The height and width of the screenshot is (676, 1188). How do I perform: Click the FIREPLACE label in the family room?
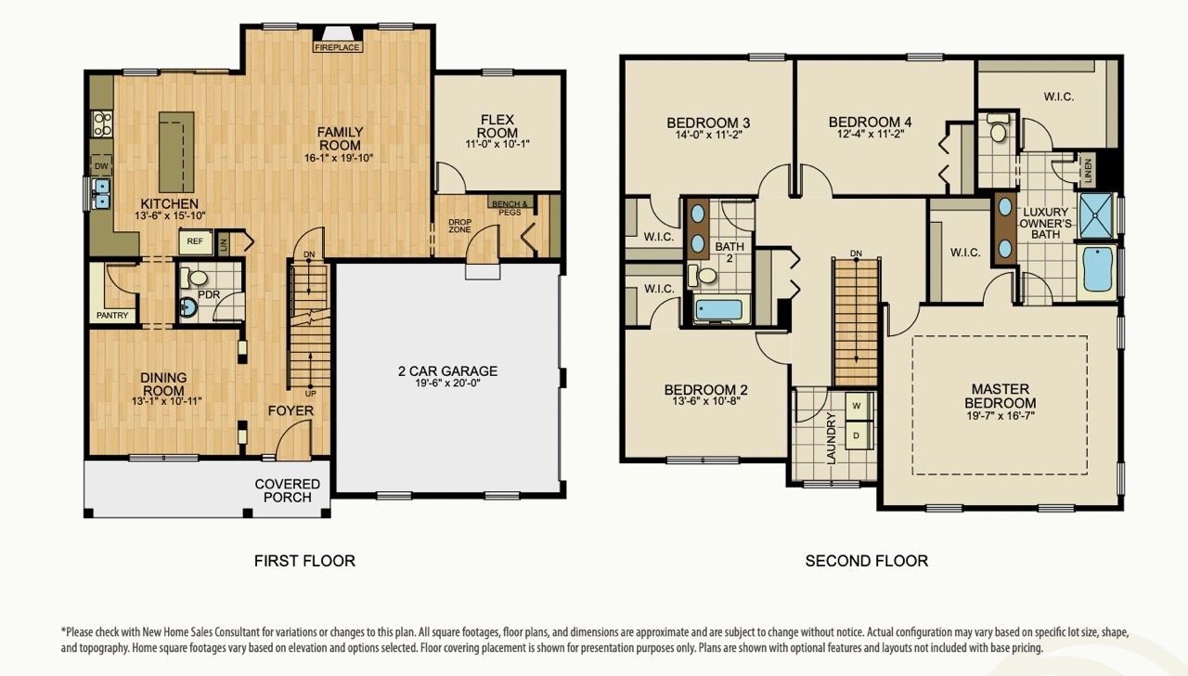tap(338, 46)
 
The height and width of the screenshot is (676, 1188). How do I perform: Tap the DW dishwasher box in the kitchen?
tap(100, 166)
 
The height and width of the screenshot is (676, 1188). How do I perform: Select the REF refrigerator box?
tap(195, 241)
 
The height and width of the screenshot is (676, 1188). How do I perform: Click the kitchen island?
tap(175, 149)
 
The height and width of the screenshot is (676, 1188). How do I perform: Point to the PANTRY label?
tap(112, 316)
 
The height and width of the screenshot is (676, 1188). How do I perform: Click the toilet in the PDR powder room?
tap(197, 278)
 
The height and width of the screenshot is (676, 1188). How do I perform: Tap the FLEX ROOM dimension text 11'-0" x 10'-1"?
tap(497, 144)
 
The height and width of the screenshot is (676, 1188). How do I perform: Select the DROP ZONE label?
tap(460, 226)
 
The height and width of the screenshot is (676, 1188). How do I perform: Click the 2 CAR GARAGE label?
tap(447, 371)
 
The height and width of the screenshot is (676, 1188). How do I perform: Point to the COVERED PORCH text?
tap(288, 490)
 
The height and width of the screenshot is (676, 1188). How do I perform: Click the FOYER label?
tap(291, 410)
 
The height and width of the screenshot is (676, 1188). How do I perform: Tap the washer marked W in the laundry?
tap(857, 406)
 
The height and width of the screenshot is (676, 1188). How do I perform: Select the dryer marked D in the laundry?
tap(857, 435)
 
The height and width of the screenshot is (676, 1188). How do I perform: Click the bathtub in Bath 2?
tap(720, 310)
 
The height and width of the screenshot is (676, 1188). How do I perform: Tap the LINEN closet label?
tap(1089, 171)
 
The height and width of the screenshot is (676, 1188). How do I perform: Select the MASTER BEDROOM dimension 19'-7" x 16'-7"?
tap(1000, 417)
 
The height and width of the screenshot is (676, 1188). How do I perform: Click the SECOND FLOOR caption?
tap(866, 561)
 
